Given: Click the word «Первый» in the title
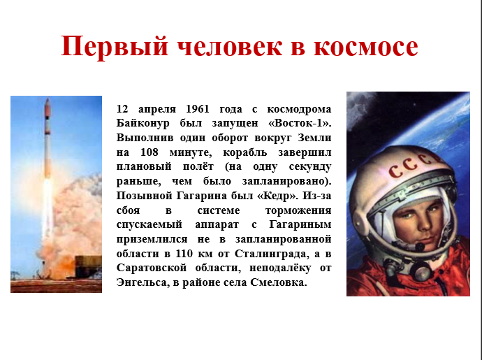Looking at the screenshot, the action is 115,47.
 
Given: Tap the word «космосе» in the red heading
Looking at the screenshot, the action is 366,47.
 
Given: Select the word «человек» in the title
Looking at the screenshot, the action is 229,47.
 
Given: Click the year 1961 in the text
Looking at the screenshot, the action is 198,109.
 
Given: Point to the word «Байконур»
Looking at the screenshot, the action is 143,123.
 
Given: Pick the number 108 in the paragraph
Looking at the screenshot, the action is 149,152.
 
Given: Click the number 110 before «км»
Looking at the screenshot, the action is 184,254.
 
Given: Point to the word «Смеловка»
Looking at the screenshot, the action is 279,282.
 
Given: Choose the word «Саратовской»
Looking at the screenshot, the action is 152,268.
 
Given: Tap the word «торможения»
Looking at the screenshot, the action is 298,211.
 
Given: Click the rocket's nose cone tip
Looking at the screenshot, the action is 48,99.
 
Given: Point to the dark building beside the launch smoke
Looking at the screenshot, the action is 88,266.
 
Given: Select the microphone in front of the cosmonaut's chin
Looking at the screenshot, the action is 419,247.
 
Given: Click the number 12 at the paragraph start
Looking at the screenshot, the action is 122,109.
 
